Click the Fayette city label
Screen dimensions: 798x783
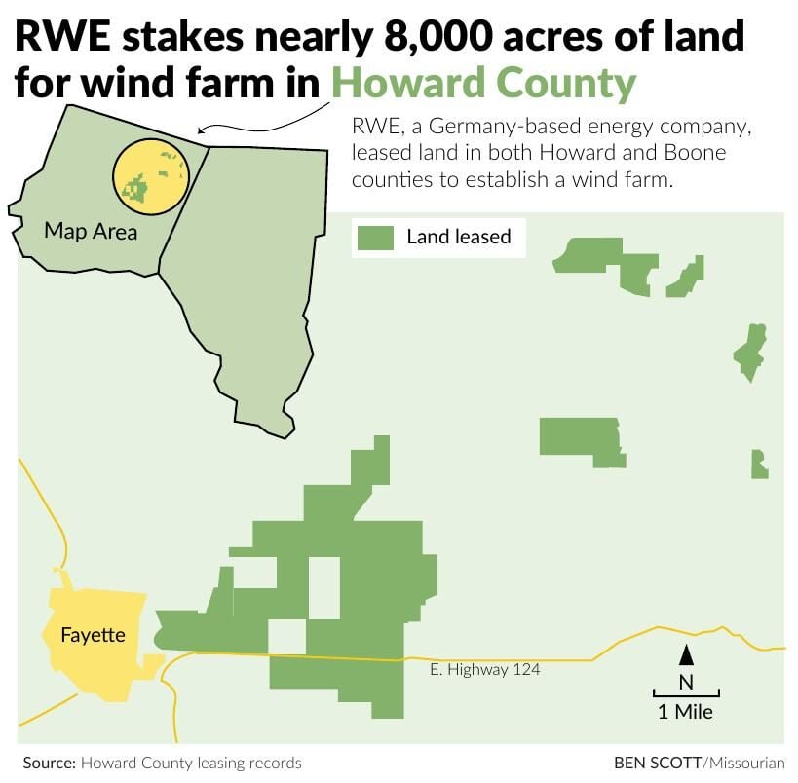click(93, 635)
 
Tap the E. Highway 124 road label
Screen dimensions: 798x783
click(484, 670)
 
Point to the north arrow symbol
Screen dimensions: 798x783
click(686, 654)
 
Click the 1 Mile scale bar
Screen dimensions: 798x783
click(686, 694)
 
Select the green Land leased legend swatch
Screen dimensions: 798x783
click(375, 237)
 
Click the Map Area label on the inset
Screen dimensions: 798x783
click(91, 232)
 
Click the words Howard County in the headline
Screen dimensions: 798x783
click(483, 83)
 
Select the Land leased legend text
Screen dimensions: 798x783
click(458, 237)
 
